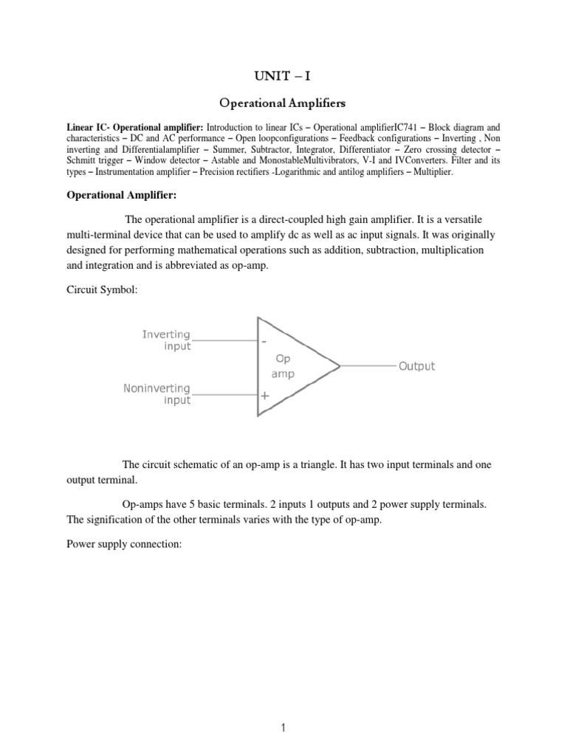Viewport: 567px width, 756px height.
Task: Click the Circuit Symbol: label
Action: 101,290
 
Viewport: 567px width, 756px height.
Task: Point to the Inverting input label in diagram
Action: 166,340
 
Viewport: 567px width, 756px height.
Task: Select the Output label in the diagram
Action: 416,366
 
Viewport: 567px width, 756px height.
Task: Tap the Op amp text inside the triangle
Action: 284,366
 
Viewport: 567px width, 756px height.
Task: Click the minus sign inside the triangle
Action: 264,341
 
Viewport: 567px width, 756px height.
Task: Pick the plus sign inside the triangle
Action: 264,395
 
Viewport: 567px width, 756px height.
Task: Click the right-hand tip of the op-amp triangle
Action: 338,366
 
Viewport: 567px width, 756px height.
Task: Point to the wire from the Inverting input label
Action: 224,340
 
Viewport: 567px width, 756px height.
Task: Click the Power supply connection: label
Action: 119,548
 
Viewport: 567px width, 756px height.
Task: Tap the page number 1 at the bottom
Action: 283,707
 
